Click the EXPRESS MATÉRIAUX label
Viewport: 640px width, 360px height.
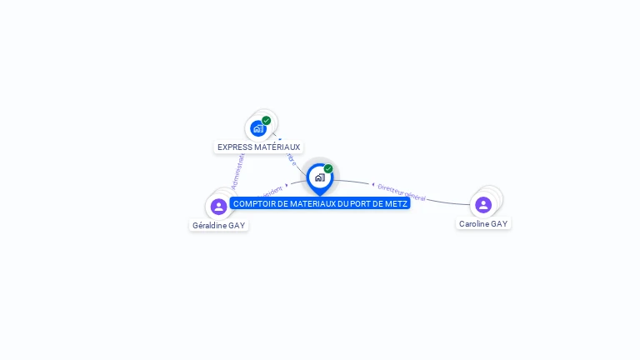(x=258, y=147)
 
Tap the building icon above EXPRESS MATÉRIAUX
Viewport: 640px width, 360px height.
(x=258, y=128)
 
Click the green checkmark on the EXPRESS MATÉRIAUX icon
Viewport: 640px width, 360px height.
(x=267, y=121)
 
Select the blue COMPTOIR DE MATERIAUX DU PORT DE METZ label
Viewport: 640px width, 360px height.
(x=320, y=203)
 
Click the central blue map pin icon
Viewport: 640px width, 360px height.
(x=319, y=177)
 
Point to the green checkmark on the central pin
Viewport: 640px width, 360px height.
(x=328, y=169)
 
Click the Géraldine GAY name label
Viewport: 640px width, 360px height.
(x=218, y=225)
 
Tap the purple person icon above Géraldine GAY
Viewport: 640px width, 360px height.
(x=219, y=206)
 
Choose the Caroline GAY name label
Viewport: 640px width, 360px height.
(x=483, y=223)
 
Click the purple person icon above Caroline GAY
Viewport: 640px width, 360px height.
(x=483, y=204)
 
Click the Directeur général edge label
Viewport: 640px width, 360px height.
(x=402, y=192)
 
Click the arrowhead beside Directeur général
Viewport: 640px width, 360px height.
(x=372, y=184)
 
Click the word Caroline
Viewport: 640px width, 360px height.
(x=473, y=223)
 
